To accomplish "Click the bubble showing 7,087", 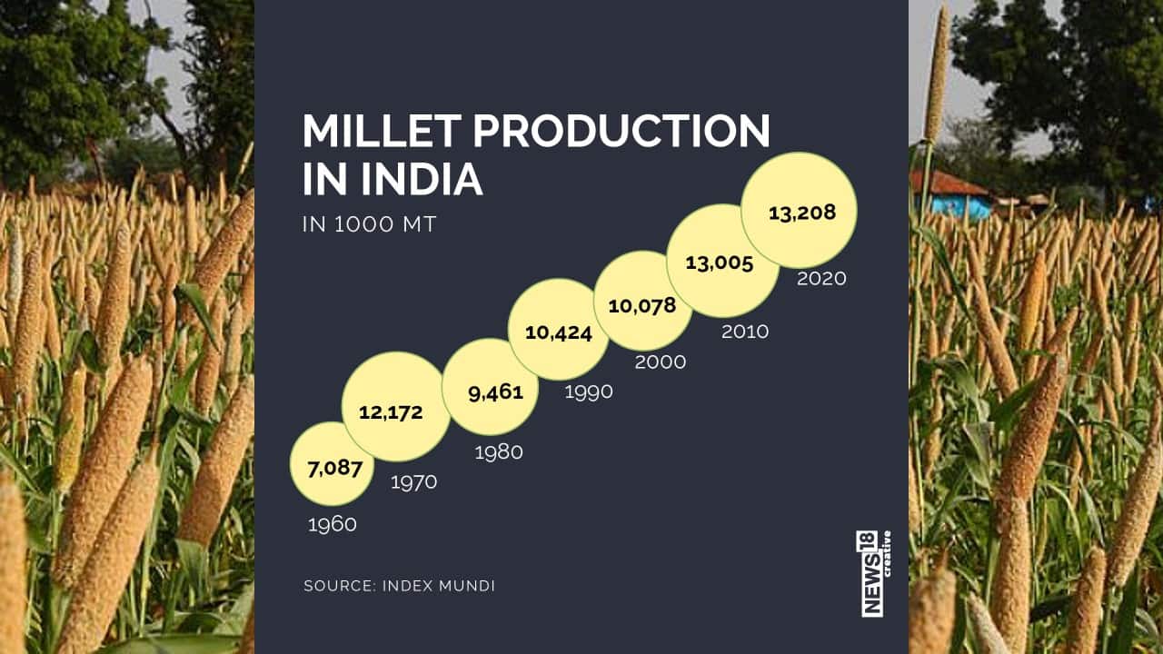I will (x=332, y=464).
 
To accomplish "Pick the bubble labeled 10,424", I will (x=558, y=329).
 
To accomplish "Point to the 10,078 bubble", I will (x=642, y=302).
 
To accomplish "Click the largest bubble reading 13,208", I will (x=800, y=211).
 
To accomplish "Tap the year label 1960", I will (x=332, y=524).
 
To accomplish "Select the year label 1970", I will (x=413, y=482).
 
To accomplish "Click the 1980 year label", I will (x=499, y=451).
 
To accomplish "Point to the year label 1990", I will (x=588, y=391).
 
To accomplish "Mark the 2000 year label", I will (x=661, y=362).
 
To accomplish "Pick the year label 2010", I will (x=744, y=332).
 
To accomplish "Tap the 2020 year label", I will (x=821, y=279).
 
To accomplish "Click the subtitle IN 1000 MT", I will (x=369, y=224).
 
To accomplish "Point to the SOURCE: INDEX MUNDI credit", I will (x=399, y=586).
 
